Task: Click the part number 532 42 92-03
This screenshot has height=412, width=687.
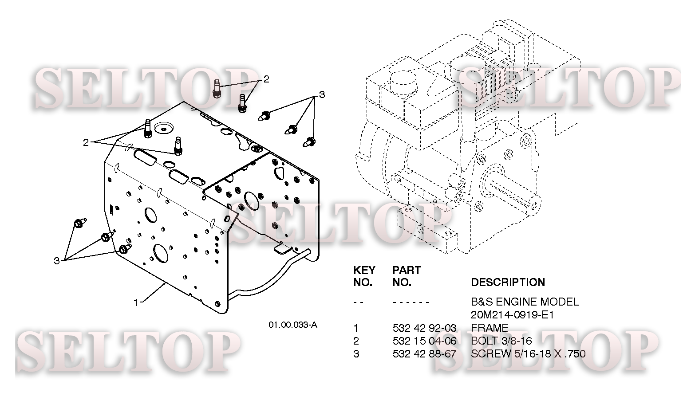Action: click(x=424, y=328)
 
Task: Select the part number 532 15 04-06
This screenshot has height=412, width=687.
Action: click(x=424, y=341)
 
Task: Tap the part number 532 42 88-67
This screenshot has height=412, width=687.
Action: click(x=424, y=354)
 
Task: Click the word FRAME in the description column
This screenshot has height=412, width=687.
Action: click(x=490, y=328)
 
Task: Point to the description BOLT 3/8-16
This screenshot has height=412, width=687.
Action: click(x=501, y=341)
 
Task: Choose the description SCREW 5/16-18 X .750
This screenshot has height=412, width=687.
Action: click(x=528, y=354)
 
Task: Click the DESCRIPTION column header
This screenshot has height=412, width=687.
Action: click(x=508, y=283)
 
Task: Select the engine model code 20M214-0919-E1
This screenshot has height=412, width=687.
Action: click(x=512, y=315)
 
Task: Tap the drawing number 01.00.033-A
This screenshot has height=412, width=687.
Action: click(x=293, y=325)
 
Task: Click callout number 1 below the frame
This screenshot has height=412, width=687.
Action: click(x=136, y=302)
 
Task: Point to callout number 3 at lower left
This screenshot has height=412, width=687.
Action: click(x=56, y=261)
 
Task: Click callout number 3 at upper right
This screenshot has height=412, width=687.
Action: click(x=322, y=94)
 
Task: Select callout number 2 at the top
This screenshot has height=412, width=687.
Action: click(x=266, y=79)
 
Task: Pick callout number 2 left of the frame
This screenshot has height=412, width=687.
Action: click(x=85, y=142)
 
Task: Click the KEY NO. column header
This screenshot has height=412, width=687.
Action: click(x=364, y=276)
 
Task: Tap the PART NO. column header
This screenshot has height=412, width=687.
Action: click(x=406, y=276)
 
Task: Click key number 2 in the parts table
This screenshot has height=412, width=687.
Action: click(x=356, y=341)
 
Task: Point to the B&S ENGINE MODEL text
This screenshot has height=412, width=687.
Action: click(x=525, y=302)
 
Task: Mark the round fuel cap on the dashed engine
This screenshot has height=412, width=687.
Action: click(x=402, y=80)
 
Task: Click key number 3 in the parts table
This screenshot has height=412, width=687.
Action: click(x=356, y=354)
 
